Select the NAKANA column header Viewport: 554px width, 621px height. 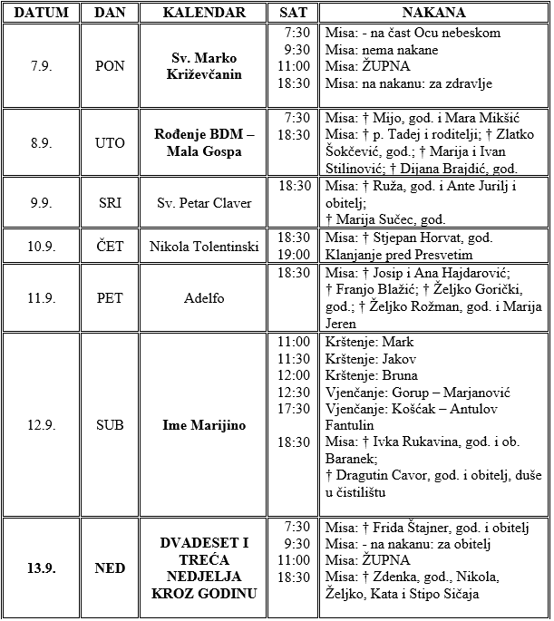click(433, 13)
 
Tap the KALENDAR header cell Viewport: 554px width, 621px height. click(204, 13)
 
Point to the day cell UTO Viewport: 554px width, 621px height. click(111, 143)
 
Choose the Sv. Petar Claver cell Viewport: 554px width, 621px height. click(205, 202)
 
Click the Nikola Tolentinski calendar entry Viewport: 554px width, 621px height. click(205, 246)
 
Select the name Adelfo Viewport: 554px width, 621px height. click(205, 296)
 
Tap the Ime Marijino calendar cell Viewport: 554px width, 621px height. click(205, 424)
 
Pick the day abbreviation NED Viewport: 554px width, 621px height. click(111, 568)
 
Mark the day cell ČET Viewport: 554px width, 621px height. click(111, 246)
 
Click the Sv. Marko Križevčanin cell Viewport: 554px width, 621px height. click(205, 66)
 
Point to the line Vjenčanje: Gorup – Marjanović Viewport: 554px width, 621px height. click(417, 393)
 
